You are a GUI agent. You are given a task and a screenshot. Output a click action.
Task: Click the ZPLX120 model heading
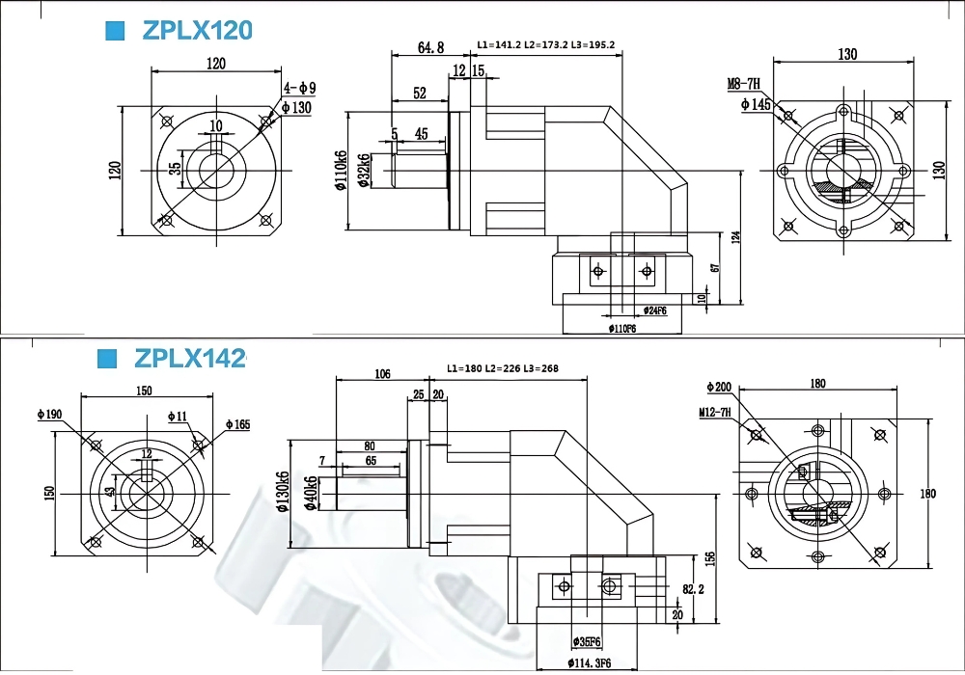pos(197,31)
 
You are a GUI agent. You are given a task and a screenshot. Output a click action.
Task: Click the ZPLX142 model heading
pos(190,359)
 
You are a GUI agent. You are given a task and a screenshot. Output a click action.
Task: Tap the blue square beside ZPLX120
pos(115,31)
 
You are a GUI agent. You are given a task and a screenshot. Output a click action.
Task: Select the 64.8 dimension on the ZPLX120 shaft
pos(430,47)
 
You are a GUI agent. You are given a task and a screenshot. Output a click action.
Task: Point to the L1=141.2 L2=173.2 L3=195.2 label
pos(546,45)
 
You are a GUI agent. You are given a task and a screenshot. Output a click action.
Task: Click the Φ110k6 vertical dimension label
pos(342,172)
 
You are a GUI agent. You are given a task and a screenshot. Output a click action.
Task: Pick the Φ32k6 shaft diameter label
pos(365,171)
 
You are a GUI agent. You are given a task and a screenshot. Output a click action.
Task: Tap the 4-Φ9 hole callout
pos(299,89)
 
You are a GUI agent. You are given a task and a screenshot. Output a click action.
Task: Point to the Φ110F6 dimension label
pos(622,329)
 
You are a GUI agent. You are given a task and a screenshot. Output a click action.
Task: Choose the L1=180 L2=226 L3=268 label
pos(503,368)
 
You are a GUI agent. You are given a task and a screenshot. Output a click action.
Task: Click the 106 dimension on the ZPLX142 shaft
pos(382,374)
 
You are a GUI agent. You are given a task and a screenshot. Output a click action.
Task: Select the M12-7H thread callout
pos(715,413)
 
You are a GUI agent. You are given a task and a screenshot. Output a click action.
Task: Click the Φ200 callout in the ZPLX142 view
pos(720,388)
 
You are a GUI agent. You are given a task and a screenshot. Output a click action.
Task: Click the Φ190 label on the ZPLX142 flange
pos(49,415)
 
